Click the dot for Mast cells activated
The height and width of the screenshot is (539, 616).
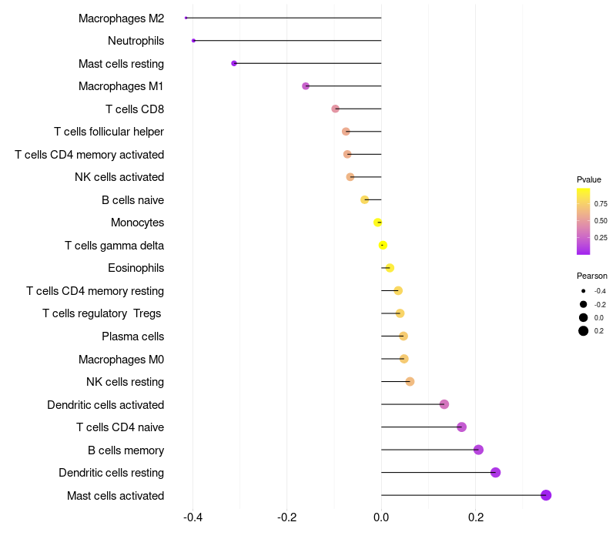[546, 495]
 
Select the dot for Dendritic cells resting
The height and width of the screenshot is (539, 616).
[495, 472]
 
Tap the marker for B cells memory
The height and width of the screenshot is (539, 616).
[478, 450]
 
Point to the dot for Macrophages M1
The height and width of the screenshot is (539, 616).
[306, 86]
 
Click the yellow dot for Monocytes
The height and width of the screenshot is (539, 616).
[377, 223]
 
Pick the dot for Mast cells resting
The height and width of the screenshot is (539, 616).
[234, 63]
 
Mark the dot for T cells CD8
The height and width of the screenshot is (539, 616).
[335, 109]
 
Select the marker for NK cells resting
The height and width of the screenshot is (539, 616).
[410, 381]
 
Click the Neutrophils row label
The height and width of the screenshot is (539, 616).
[136, 41]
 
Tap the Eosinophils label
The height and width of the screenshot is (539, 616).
[136, 268]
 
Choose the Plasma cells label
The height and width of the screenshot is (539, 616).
[132, 336]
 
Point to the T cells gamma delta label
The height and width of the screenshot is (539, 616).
[114, 246]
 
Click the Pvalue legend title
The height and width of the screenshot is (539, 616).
[589, 179]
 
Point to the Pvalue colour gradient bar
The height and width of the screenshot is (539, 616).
[583, 221]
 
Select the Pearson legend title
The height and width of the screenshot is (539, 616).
[591, 276]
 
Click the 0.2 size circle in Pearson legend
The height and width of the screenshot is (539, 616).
[584, 331]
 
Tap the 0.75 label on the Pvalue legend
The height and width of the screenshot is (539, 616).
[601, 204]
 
